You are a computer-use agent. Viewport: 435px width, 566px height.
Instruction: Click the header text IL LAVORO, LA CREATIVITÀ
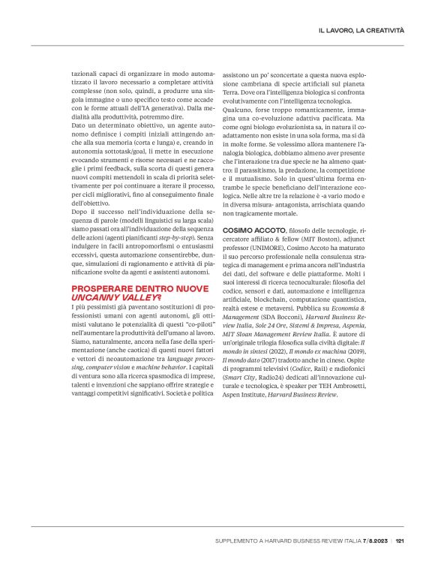(361, 29)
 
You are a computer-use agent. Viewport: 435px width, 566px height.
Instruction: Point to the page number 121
(400, 539)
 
